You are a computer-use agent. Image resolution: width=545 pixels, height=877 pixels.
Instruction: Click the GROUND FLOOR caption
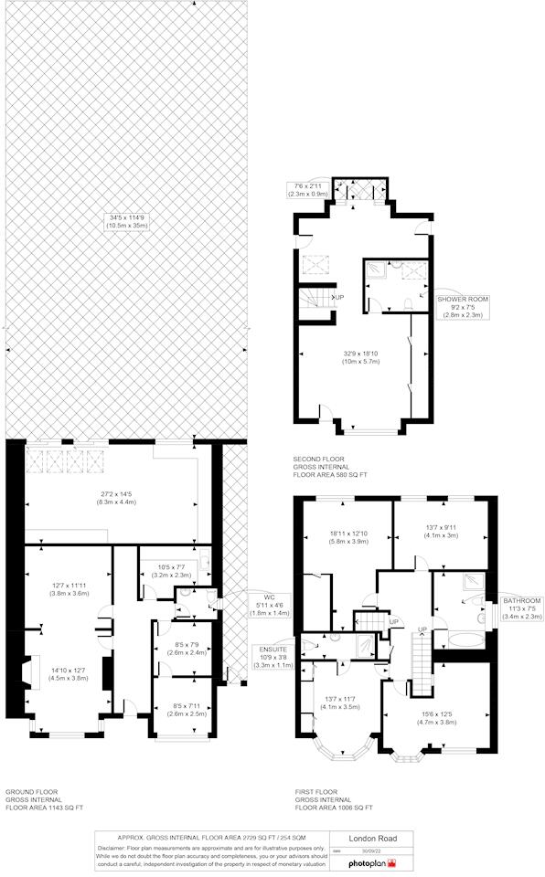pyautogui.click(x=32, y=792)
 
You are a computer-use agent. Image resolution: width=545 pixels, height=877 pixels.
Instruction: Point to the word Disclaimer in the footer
pyautogui.click(x=115, y=848)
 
